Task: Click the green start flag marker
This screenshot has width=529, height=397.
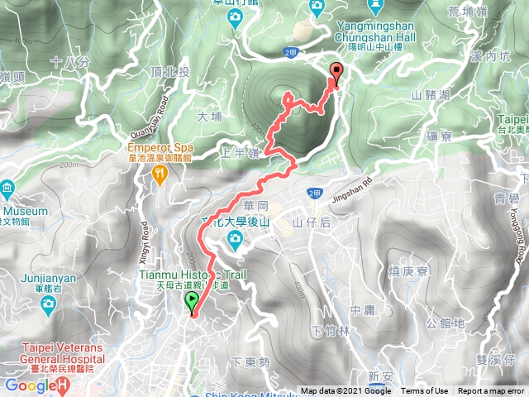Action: pos(193,302)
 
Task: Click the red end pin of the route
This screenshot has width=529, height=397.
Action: pos(336,73)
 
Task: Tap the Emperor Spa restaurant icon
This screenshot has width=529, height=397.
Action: pos(160,173)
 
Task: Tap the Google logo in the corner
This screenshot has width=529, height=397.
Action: pos(31,385)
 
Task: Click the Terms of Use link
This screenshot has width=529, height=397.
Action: pos(425,391)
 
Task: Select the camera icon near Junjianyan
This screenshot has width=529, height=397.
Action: pos(48,306)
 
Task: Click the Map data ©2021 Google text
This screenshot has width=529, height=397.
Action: pos(346,391)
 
